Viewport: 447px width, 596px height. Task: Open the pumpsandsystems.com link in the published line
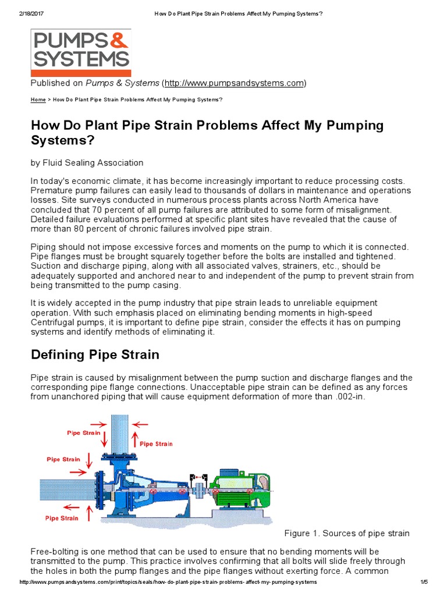click(x=235, y=83)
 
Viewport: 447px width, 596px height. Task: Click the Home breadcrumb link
click(x=38, y=100)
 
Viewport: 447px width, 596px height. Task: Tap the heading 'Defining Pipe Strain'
click(x=95, y=354)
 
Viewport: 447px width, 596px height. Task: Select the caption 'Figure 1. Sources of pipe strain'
click(x=346, y=533)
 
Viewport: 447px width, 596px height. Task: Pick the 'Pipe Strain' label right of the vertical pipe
click(x=155, y=444)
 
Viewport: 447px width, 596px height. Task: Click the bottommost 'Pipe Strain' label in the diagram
click(x=63, y=517)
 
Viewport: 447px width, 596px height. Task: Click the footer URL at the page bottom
click(x=168, y=583)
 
